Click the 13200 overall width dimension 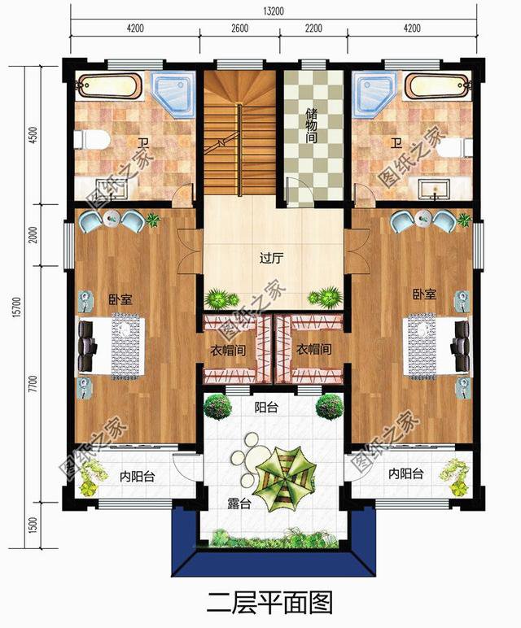pyautogui.click(x=274, y=11)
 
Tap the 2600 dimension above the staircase pyautogui.click(x=239, y=28)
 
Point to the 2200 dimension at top pyautogui.click(x=313, y=28)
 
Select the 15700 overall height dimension pyautogui.click(x=16, y=307)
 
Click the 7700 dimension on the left pyautogui.click(x=33, y=384)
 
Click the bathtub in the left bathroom pyautogui.click(x=108, y=85)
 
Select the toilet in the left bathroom pyautogui.click(x=92, y=139)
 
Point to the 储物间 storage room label pyautogui.click(x=312, y=125)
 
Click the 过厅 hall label pyautogui.click(x=271, y=258)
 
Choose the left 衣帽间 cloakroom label pyautogui.click(x=228, y=351)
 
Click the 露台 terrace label pyautogui.click(x=239, y=504)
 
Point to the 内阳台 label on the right pyautogui.click(x=406, y=473)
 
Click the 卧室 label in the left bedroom pyautogui.click(x=120, y=299)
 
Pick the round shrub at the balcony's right pyautogui.click(x=330, y=407)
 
